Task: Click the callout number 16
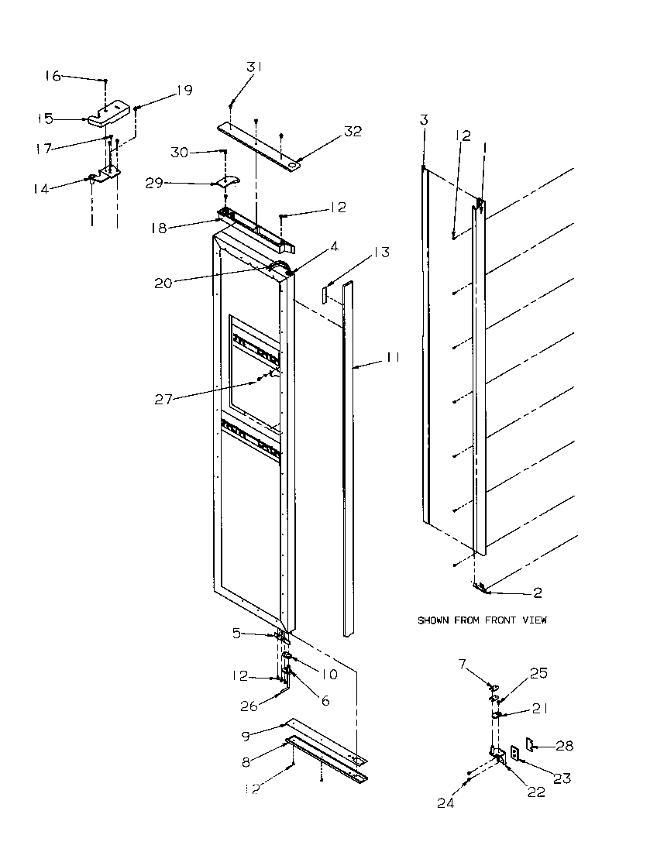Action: [52, 76]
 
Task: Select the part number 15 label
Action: [46, 119]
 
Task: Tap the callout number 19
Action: [184, 90]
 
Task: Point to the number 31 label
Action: [255, 67]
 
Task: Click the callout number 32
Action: [353, 131]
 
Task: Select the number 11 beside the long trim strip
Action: [393, 358]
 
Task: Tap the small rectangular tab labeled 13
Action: [326, 296]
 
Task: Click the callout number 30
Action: [179, 152]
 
